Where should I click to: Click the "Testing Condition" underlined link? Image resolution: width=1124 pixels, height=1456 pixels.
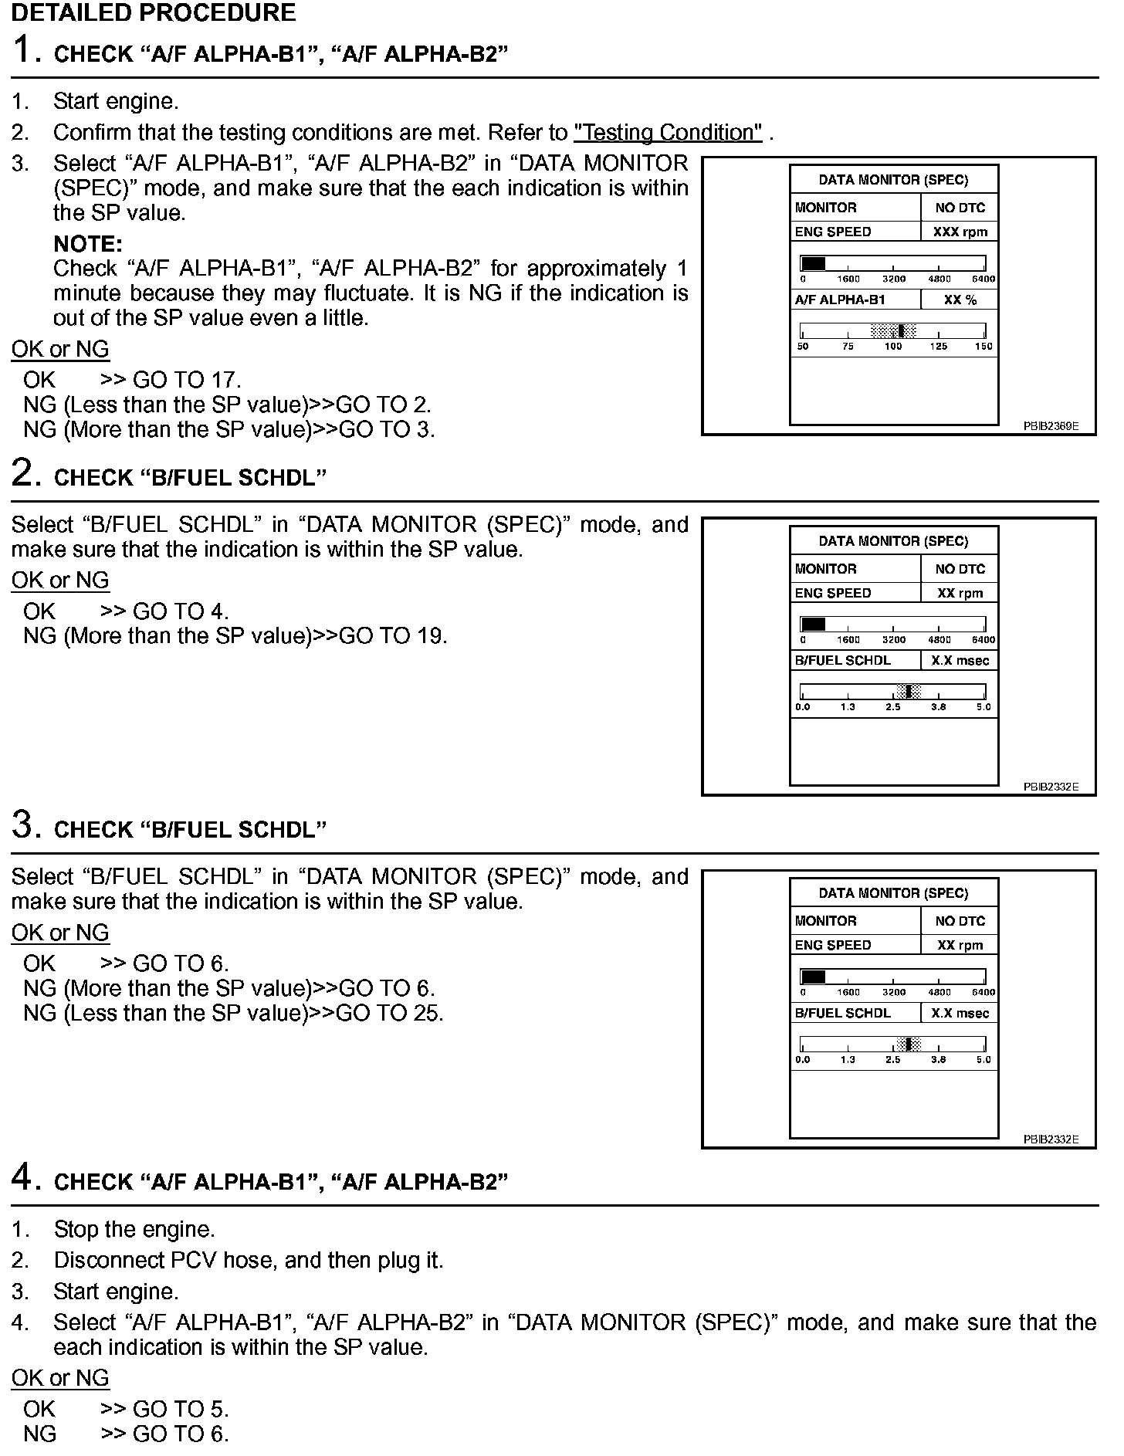pyautogui.click(x=668, y=133)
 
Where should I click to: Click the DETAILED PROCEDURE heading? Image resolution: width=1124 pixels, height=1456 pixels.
pyautogui.click(x=154, y=12)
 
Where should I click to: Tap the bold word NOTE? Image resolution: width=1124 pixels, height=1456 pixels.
pyautogui.click(x=88, y=244)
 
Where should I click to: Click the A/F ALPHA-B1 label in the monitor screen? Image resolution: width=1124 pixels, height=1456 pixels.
pyautogui.click(x=840, y=300)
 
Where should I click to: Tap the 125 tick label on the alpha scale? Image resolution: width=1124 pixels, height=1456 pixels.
pyautogui.click(x=938, y=347)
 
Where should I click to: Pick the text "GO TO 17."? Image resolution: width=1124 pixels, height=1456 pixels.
pyautogui.click(x=187, y=380)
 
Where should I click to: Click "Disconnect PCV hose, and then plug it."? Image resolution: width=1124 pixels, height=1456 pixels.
pyautogui.click(x=249, y=1261)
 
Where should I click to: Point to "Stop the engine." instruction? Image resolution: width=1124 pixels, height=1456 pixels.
pyautogui.click(x=134, y=1229)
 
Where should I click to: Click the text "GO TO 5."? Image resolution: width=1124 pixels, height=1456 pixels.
pyautogui.click(x=181, y=1409)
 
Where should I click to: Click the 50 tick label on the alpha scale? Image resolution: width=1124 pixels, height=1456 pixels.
pyautogui.click(x=803, y=347)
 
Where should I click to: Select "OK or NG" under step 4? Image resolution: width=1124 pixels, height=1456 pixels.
pyautogui.click(x=60, y=1378)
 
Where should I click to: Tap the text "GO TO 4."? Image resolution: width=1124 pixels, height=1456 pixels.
pyautogui.click(x=181, y=611)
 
